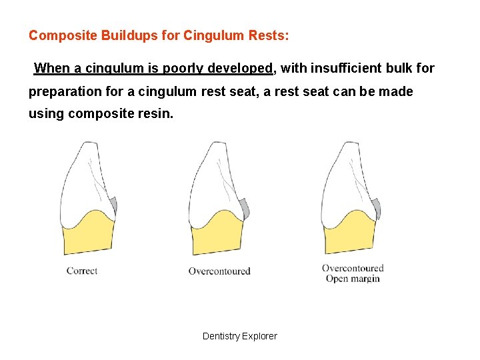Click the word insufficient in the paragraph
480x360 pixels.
[x=347, y=68]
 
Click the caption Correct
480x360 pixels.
[x=82, y=271]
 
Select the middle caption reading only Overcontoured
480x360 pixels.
[x=219, y=271]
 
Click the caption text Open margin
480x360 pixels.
[x=353, y=279]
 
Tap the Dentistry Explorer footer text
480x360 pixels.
[x=240, y=336]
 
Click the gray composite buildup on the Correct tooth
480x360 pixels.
[x=113, y=204]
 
